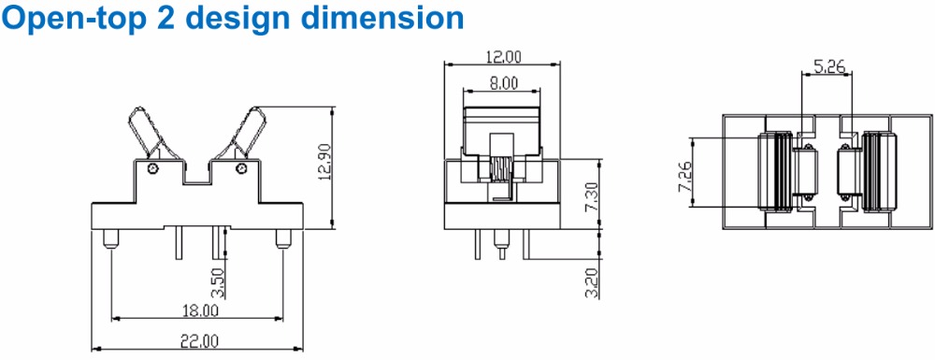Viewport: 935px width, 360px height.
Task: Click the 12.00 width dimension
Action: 503,57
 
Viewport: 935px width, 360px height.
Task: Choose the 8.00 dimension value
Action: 503,83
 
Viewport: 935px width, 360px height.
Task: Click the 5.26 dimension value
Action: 828,65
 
